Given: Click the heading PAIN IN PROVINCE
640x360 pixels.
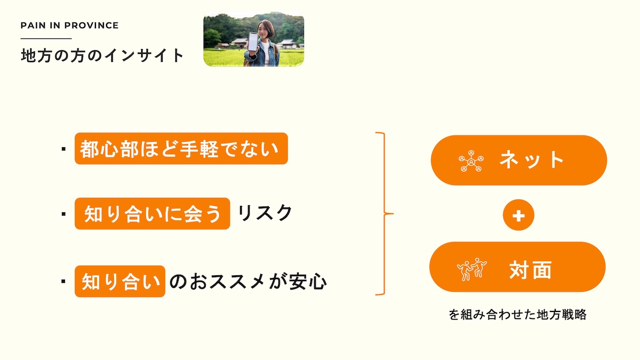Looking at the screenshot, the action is pos(69,26).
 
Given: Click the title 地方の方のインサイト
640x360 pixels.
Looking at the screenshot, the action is pos(102,55).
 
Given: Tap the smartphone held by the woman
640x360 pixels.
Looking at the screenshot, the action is pos(253,42).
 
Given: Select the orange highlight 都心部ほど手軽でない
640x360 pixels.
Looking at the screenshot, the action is pos(181,149).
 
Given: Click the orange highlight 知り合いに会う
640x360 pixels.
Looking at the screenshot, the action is pos(153,213).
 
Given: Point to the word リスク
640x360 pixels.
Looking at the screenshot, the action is pos(265,213).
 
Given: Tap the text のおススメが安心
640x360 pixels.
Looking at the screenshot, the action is pos(248,282).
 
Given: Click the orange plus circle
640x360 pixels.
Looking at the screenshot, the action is pos(518,215).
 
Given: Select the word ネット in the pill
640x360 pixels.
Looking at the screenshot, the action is pos(531,159).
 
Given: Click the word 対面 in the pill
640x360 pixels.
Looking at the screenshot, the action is pos(530,270).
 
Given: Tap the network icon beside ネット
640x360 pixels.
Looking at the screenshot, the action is pos(471,161).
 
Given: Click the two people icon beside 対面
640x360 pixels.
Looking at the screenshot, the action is pos(471,269).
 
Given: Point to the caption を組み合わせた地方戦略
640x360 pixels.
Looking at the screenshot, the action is pos(517,315).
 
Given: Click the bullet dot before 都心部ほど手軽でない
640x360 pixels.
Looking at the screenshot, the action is pos(63,149).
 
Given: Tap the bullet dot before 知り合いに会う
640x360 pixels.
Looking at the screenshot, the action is pos(63,214).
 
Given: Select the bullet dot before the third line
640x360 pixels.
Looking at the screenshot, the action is pos(63,282).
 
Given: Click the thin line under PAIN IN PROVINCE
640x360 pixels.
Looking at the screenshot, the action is pos(46,38).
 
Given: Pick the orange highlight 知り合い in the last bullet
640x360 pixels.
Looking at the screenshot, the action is pos(120,282).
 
